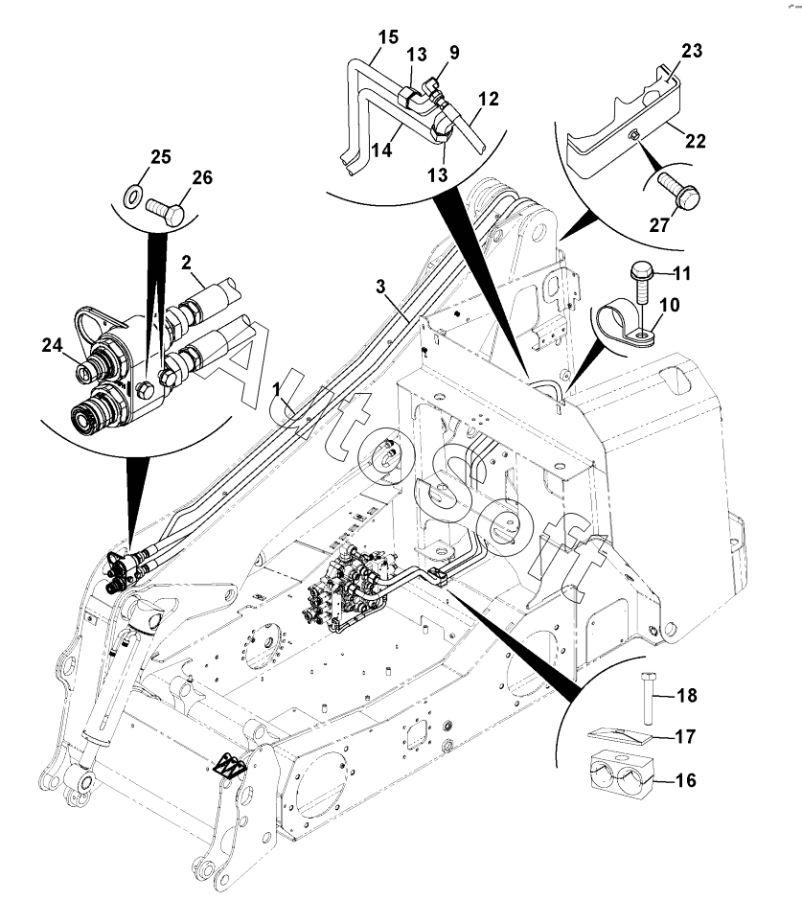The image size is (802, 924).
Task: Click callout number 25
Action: click(160, 157)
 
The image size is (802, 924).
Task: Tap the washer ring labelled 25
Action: click(132, 196)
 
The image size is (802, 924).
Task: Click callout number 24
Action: click(52, 345)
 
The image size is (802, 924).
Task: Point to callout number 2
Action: click(186, 263)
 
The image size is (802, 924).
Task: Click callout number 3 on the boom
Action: click(380, 287)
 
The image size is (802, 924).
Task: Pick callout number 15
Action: click(388, 37)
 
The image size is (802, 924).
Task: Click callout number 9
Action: click(454, 53)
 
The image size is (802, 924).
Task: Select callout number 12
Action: click(488, 99)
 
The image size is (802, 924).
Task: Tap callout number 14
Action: click(381, 150)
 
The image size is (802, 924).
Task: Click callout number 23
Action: click(692, 51)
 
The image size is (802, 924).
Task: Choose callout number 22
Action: click(696, 141)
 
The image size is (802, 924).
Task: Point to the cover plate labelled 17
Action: click(621, 735)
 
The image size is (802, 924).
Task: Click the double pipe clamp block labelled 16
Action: click(620, 774)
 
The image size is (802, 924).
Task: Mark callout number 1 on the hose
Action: click(276, 389)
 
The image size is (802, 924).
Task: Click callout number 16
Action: click(685, 780)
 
